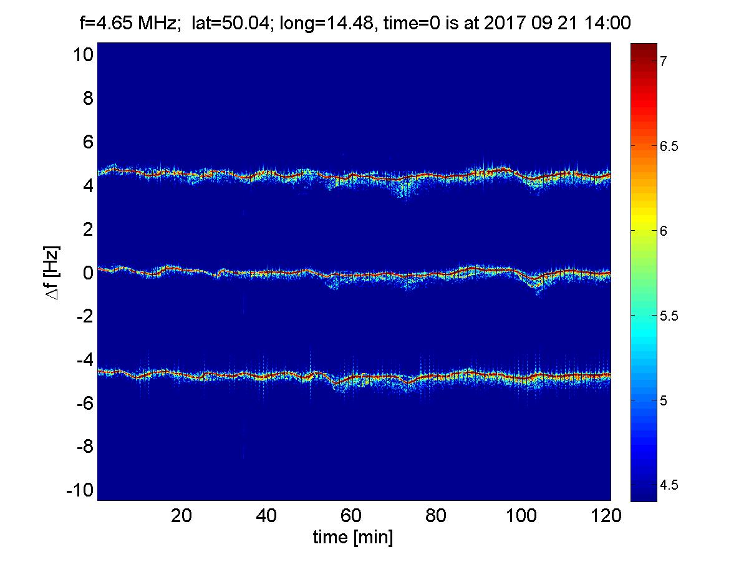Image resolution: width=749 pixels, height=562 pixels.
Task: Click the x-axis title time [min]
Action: point(353,537)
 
